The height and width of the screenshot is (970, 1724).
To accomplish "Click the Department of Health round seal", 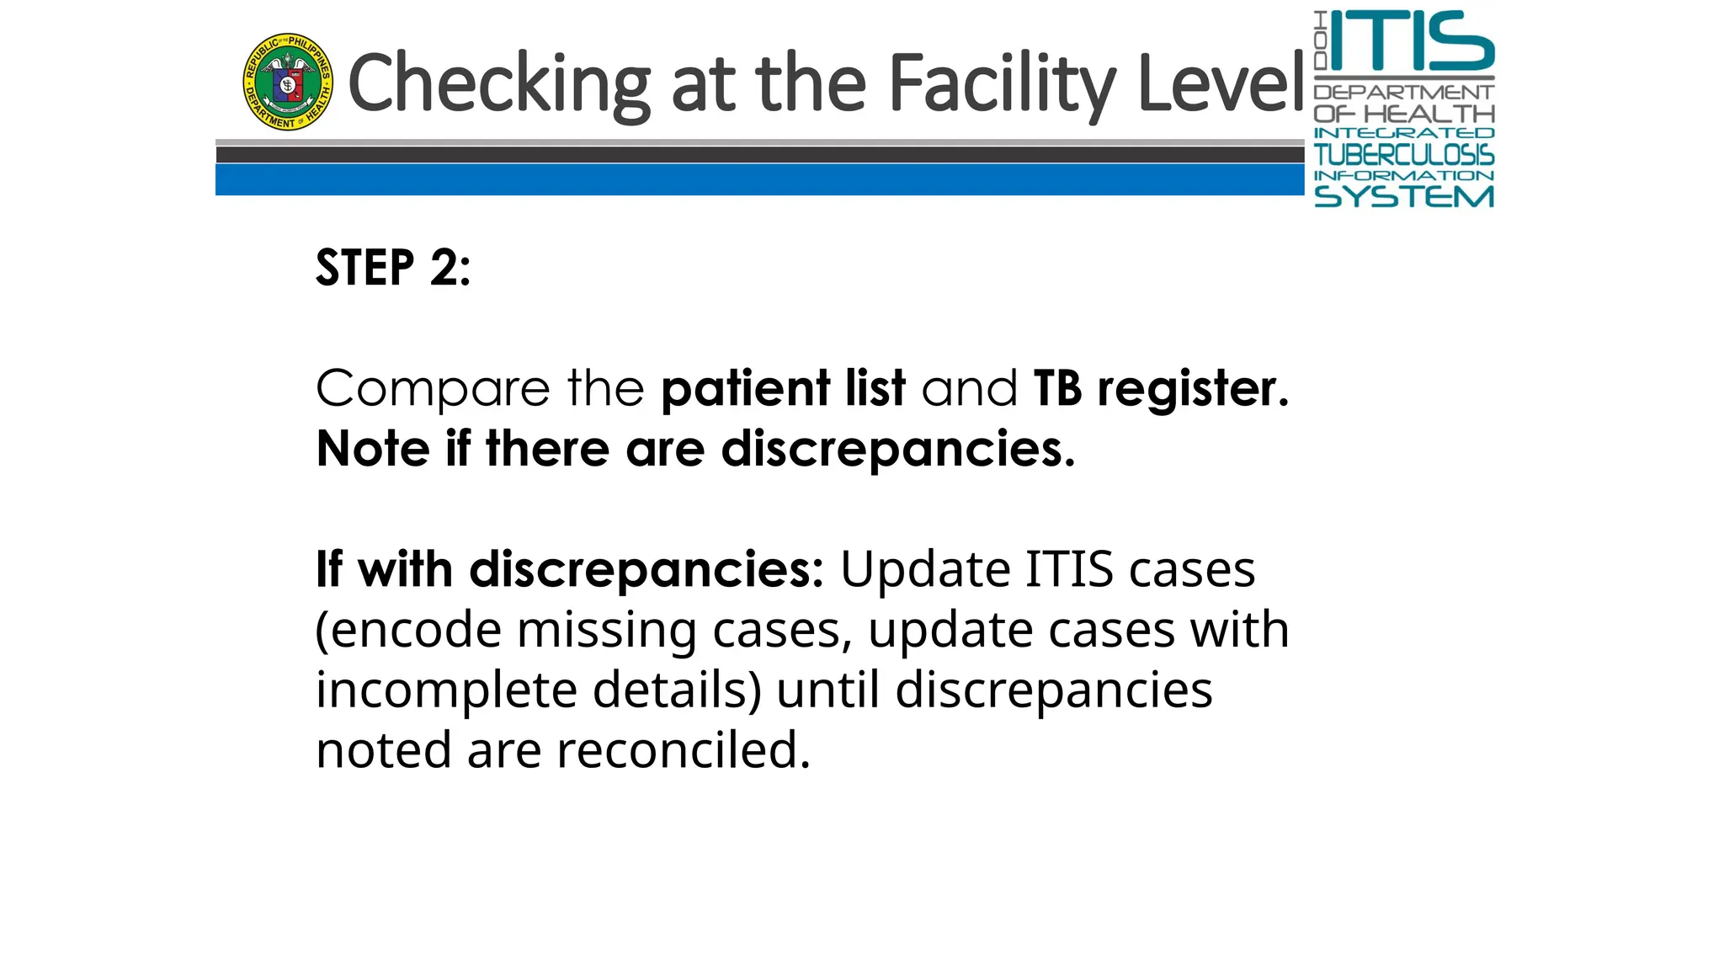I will click(x=288, y=82).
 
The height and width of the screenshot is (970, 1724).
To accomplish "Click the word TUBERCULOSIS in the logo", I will click(x=1403, y=155).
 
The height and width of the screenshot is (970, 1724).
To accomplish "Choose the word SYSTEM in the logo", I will click(x=1403, y=197).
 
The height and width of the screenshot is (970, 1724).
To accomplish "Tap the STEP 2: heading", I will click(x=393, y=268).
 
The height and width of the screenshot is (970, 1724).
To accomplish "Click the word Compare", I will click(x=433, y=389).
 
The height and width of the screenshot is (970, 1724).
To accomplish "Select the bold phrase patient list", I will click(x=783, y=388).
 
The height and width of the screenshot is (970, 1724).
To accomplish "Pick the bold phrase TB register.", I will click(x=1160, y=388).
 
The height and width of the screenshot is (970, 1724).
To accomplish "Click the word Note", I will click(x=373, y=448).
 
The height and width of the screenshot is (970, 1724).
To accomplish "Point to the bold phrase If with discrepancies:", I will click(x=569, y=569).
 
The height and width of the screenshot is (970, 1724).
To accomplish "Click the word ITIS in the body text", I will click(x=1069, y=569).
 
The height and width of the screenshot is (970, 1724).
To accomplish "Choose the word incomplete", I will click(x=446, y=690).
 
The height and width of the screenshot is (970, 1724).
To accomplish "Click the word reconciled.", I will click(x=683, y=749).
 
